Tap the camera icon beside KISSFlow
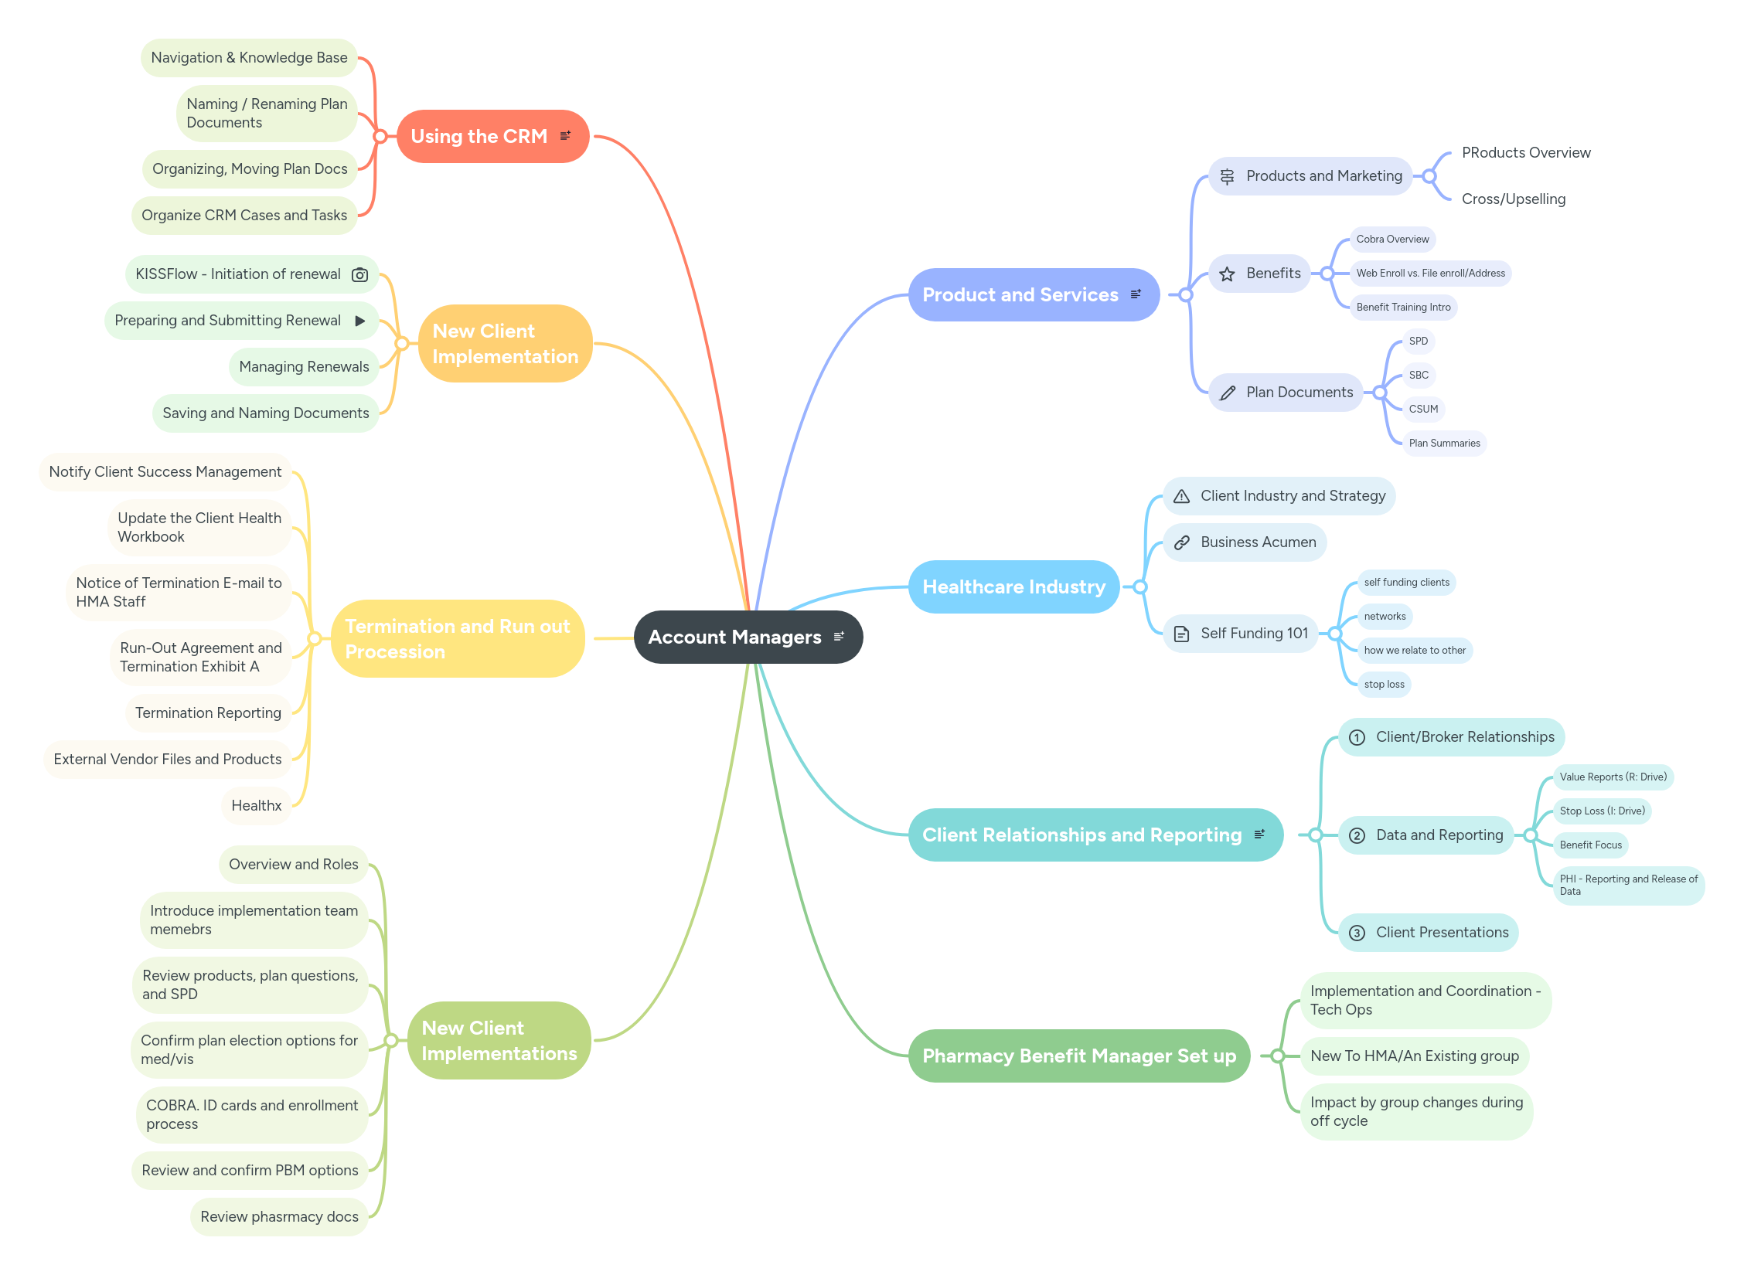359,274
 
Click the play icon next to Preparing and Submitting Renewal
359,321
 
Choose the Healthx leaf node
256,805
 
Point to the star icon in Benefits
1227,274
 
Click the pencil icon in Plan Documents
1227,393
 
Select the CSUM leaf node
1423,409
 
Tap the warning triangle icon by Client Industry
1181,496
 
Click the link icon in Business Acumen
1181,542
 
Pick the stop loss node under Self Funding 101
1384,684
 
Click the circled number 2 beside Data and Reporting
1357,835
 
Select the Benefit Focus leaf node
1590,845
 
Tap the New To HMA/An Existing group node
1414,1056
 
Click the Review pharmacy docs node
278,1216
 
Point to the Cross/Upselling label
1513,199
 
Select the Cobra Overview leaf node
1392,239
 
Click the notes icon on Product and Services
1136,294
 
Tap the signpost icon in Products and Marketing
1227,176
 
